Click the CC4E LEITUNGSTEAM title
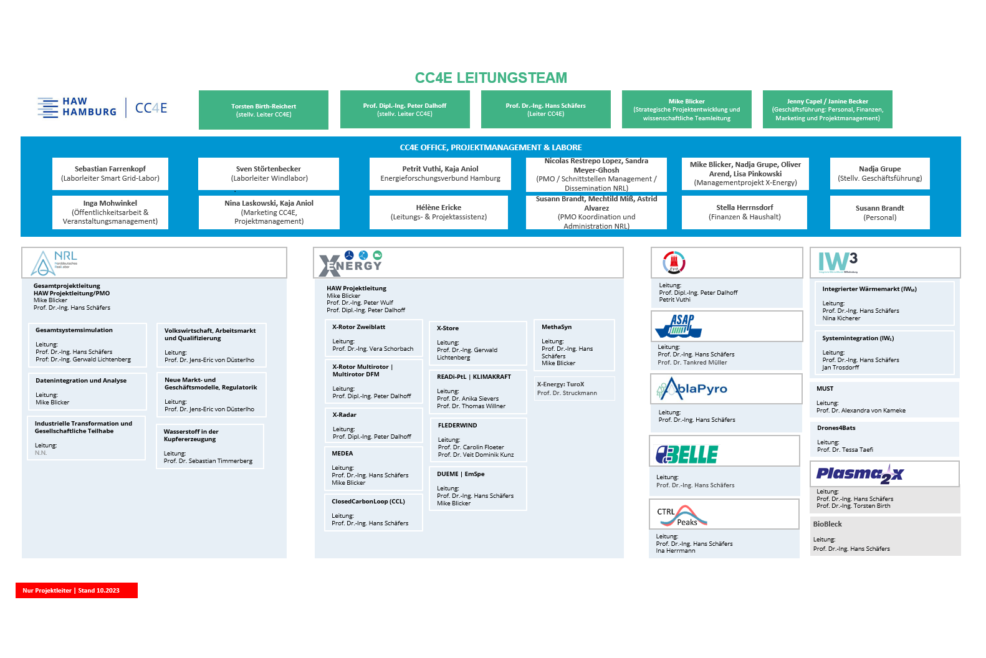coord(491,78)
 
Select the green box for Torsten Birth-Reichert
coord(264,110)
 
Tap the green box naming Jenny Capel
coord(827,110)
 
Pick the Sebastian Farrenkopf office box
coord(110,173)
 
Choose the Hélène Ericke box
coord(439,212)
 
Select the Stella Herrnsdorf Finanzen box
coord(744,212)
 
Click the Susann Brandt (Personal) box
coord(879,212)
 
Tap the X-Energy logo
coord(351,264)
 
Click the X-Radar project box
coord(373,426)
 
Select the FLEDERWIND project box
coord(477,440)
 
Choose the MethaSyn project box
coord(574,345)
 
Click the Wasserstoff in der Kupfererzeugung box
coord(210,446)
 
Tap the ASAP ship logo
coord(679,326)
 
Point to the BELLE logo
coord(687,454)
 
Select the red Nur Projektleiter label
coord(77,590)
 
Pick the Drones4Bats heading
coord(836,428)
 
